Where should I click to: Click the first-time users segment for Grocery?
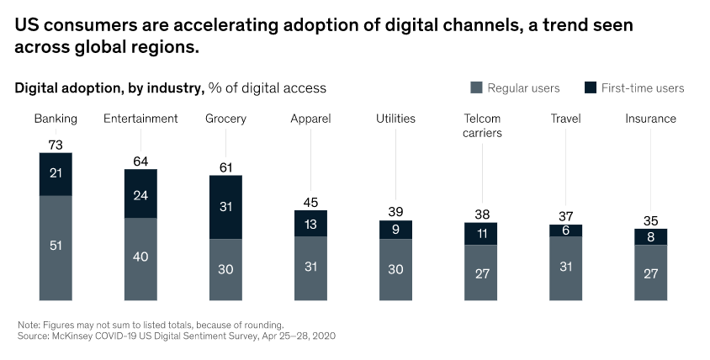coord(226,207)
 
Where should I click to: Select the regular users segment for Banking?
coord(56,247)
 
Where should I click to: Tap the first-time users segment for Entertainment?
coord(140,193)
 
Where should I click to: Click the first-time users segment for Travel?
coord(565,230)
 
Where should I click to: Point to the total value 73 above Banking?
coord(56,146)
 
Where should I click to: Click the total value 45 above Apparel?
coord(310,202)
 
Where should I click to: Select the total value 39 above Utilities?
coord(395,213)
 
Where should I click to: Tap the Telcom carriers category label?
coord(482,125)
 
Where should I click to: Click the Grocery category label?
coord(225,119)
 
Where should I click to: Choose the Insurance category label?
coord(650,119)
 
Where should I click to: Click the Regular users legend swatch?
coord(476,87)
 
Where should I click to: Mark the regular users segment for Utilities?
coord(395,269)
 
